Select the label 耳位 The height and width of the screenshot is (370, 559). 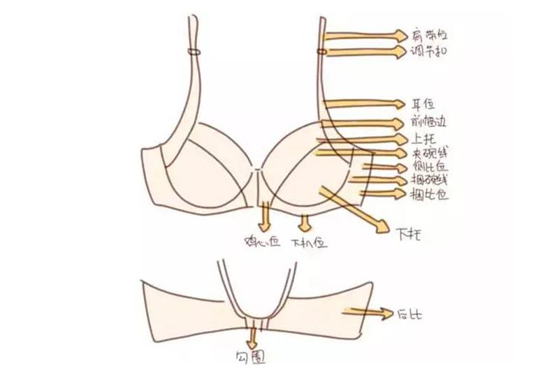point(423,105)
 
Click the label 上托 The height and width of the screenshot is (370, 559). point(423,139)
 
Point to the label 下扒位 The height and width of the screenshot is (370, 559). point(307,242)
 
